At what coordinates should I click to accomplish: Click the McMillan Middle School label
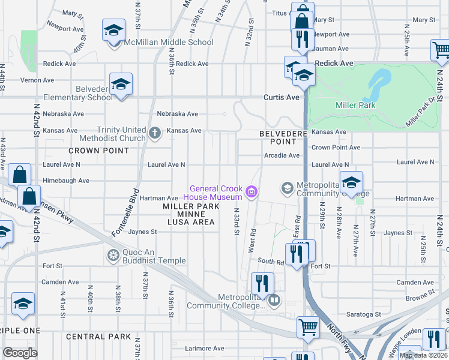point(168,42)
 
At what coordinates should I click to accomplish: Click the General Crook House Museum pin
point(252,193)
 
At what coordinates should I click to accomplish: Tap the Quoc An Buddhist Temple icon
point(112,256)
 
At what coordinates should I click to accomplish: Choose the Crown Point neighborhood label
point(91,150)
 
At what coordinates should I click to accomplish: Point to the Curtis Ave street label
point(281,97)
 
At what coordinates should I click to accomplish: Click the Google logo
point(20,353)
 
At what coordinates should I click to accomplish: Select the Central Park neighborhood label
point(98,337)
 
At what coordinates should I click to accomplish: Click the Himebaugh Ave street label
point(66,181)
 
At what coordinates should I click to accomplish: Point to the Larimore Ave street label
point(204,348)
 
